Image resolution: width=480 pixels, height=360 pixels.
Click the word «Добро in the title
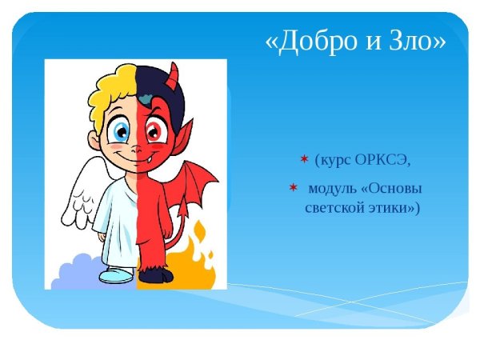[308, 42]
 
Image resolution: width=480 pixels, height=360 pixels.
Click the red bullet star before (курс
[304, 159]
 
